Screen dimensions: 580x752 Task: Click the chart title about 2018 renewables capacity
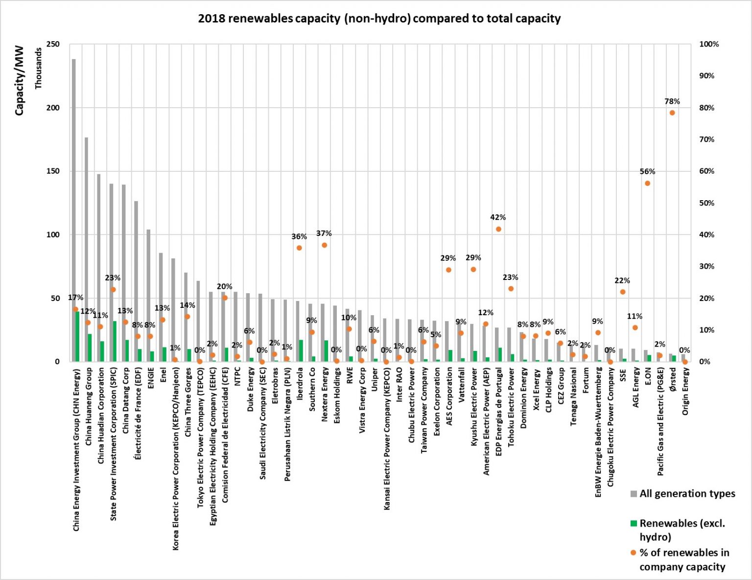point(379,19)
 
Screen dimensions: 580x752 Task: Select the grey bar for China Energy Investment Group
point(74,196)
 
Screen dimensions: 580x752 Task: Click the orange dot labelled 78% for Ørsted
point(672,113)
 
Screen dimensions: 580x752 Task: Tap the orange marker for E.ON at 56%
point(647,183)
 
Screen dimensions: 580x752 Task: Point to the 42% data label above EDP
point(498,217)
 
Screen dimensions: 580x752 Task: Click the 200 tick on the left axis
point(53,108)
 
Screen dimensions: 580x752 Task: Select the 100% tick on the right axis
point(708,44)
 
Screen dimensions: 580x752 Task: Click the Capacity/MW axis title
point(19,80)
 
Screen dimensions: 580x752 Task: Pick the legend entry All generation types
point(687,493)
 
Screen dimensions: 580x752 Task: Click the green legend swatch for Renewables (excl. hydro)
point(634,524)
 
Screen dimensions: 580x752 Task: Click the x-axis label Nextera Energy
point(324,394)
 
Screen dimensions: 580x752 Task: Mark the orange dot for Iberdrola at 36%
point(299,248)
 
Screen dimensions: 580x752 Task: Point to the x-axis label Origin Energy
point(685,392)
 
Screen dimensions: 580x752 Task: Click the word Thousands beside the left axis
point(38,68)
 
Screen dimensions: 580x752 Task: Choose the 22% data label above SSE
point(622,280)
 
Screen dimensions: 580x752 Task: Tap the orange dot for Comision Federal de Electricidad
point(225,298)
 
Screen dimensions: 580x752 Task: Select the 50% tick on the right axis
point(706,203)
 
